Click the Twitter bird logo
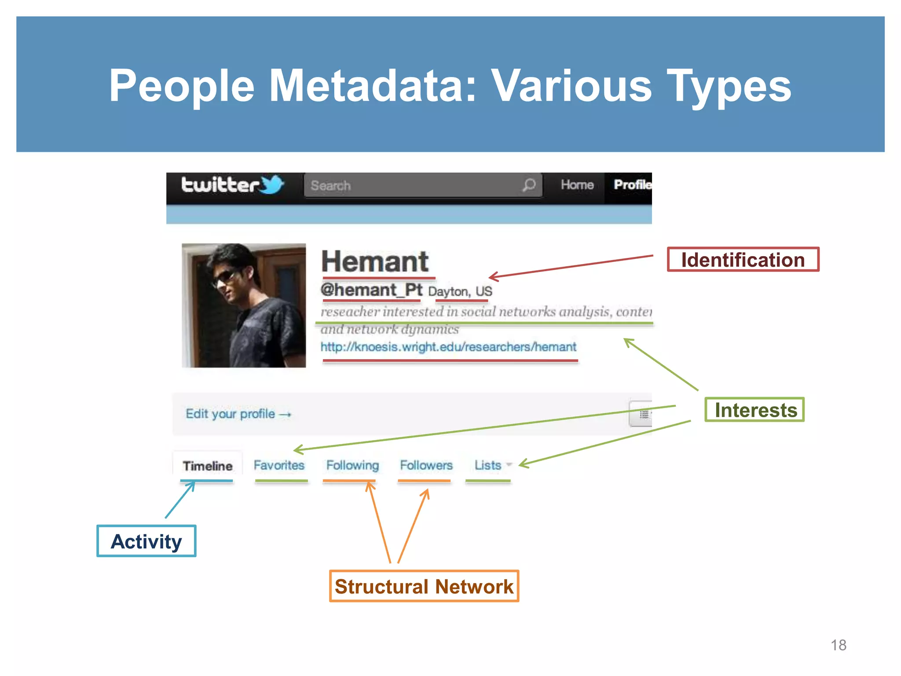pyautogui.click(x=272, y=184)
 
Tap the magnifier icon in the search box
pyautogui.click(x=529, y=185)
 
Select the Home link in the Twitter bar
pyautogui.click(x=577, y=185)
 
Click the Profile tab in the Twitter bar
pyautogui.click(x=631, y=185)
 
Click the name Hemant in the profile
pyautogui.click(x=375, y=261)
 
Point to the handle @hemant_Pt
pyautogui.click(x=371, y=290)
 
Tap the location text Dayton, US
pyautogui.click(x=460, y=291)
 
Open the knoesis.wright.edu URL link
pyautogui.click(x=448, y=347)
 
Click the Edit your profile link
pyautogui.click(x=238, y=414)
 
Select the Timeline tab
pyautogui.click(x=208, y=466)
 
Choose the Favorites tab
pyautogui.click(x=279, y=465)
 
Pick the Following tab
pyautogui.click(x=352, y=465)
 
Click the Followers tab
pyautogui.click(x=426, y=465)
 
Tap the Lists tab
pyautogui.click(x=488, y=465)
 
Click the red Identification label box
pyautogui.click(x=743, y=260)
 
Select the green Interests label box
pyautogui.click(x=754, y=410)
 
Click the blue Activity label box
pyautogui.click(x=147, y=541)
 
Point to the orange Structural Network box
pyautogui.click(x=424, y=586)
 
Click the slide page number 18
pyautogui.click(x=838, y=645)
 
